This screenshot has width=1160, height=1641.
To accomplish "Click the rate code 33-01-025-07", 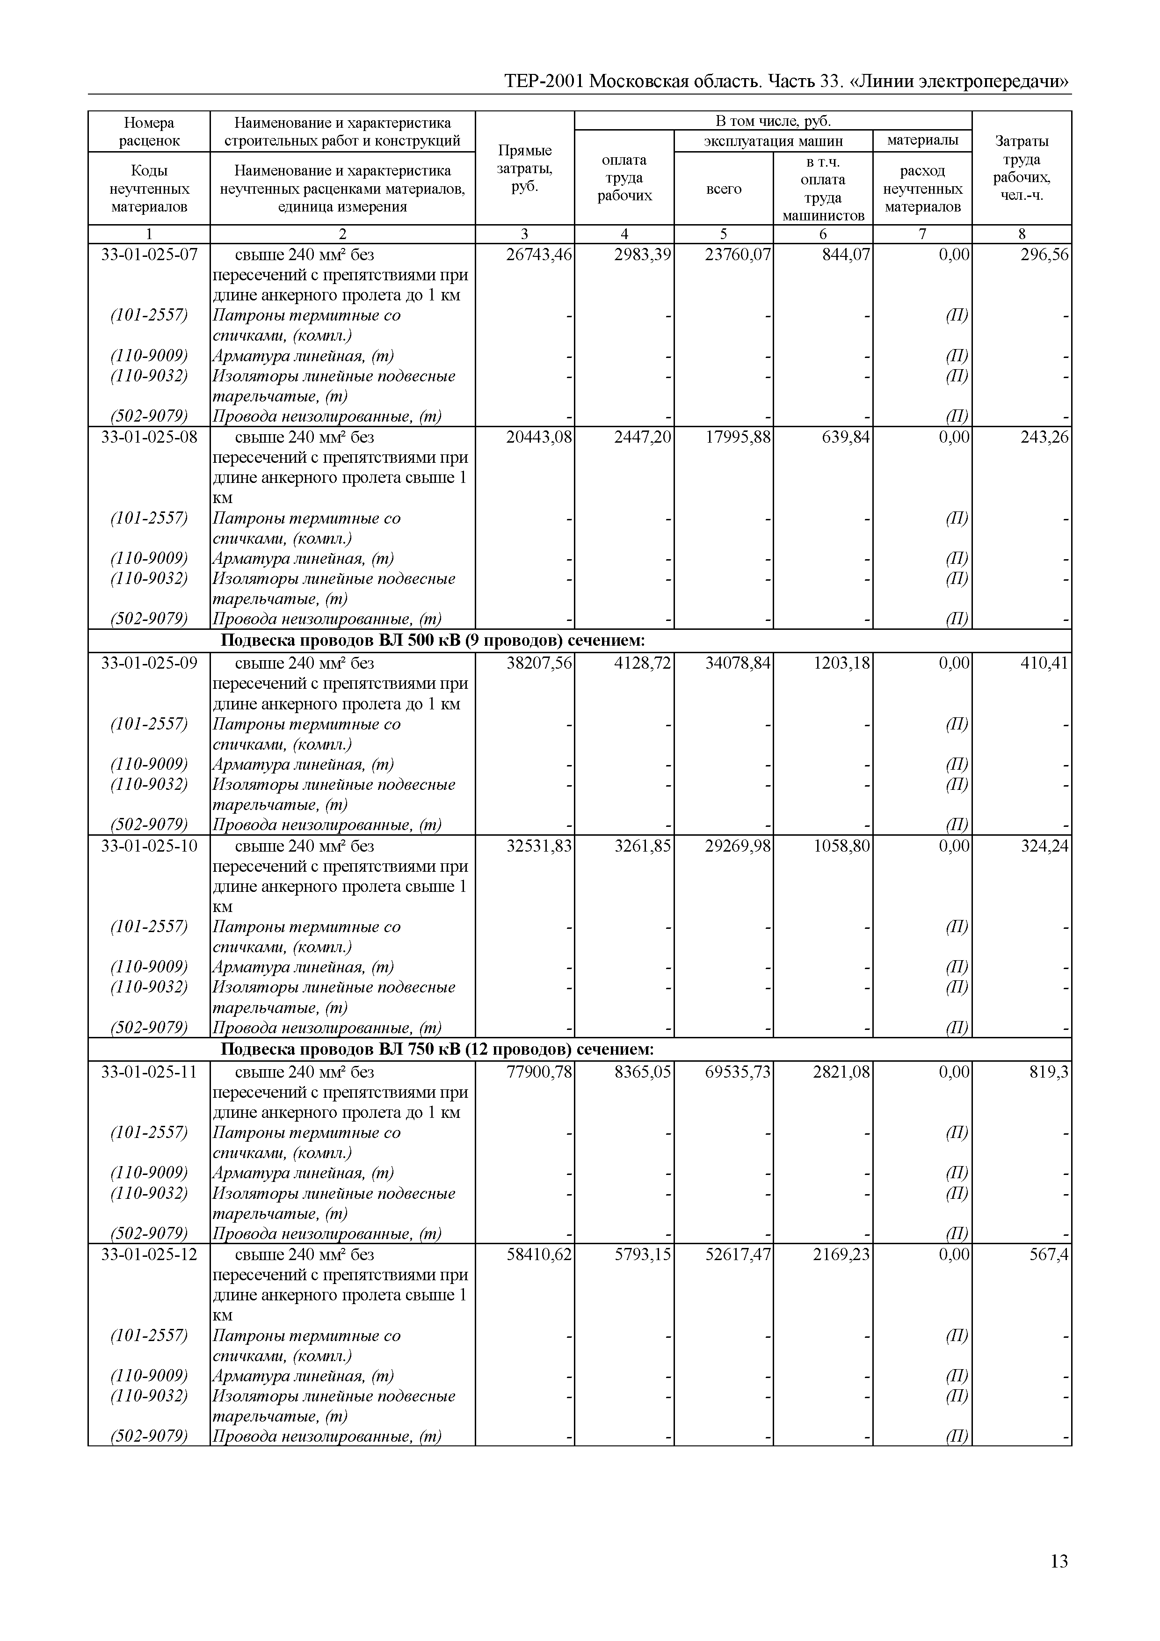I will pyautogui.click(x=149, y=255).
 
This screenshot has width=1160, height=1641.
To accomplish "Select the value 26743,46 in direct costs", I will pyautogui.click(x=538, y=255).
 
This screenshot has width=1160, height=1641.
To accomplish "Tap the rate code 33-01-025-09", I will pyautogui.click(x=149, y=663).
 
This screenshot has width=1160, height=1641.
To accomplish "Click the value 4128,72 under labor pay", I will pyautogui.click(x=642, y=663).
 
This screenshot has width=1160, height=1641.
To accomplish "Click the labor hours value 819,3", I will pyautogui.click(x=1049, y=1072).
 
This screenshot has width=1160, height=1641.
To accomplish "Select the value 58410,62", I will pyautogui.click(x=538, y=1254).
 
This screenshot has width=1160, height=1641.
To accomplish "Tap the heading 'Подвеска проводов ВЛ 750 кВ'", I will pyautogui.click(x=437, y=1049).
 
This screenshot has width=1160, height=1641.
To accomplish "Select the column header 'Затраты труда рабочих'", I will pyautogui.click(x=1022, y=168).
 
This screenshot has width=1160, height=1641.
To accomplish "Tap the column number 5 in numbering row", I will pyautogui.click(x=724, y=233).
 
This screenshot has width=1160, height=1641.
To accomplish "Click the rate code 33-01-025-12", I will pyautogui.click(x=149, y=1254).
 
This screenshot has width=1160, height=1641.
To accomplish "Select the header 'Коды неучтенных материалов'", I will pyautogui.click(x=149, y=189).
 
